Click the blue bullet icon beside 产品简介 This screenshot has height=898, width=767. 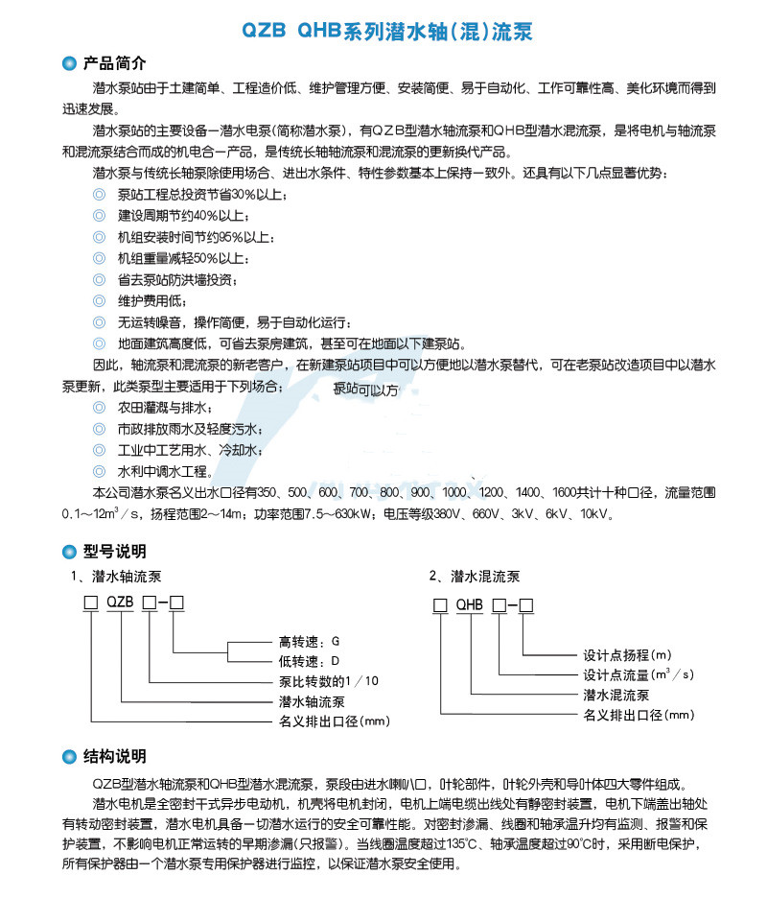pos(68,64)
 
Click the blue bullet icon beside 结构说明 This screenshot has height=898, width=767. pos(68,757)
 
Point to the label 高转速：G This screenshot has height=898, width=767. pos(309,641)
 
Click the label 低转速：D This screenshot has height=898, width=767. pos(309,661)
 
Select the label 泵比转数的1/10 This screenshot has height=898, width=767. pos(328,681)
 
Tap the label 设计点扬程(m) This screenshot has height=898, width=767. pos(628,656)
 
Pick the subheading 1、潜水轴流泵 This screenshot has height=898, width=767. pos(116,578)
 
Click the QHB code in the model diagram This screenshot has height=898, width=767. pos(469,605)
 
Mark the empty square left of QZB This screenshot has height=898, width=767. pos(90,603)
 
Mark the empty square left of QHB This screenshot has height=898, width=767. pos(440,605)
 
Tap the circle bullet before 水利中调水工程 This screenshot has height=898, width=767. pos(98,471)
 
